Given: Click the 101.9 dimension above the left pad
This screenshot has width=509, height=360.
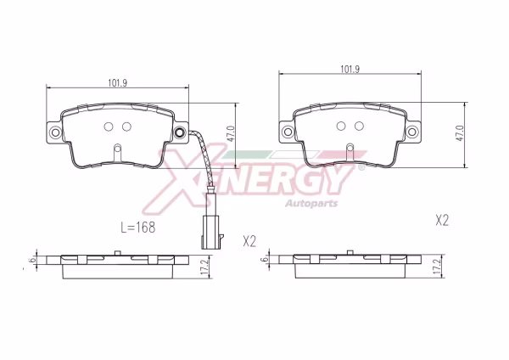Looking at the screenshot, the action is coord(118,83).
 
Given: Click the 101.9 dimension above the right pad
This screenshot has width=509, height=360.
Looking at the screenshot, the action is coord(350,70).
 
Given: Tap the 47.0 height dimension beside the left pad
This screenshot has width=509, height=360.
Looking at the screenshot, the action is coord(231,133).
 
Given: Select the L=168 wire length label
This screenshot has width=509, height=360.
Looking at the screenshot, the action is coord(138,228).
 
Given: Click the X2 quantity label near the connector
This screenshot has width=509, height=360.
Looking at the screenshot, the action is coord(249,241).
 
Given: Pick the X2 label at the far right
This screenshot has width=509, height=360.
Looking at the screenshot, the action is coord(442,221).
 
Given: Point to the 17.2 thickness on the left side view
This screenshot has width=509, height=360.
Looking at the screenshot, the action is coord(204,267).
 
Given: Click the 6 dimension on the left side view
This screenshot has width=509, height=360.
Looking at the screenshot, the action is coord(32,261).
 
